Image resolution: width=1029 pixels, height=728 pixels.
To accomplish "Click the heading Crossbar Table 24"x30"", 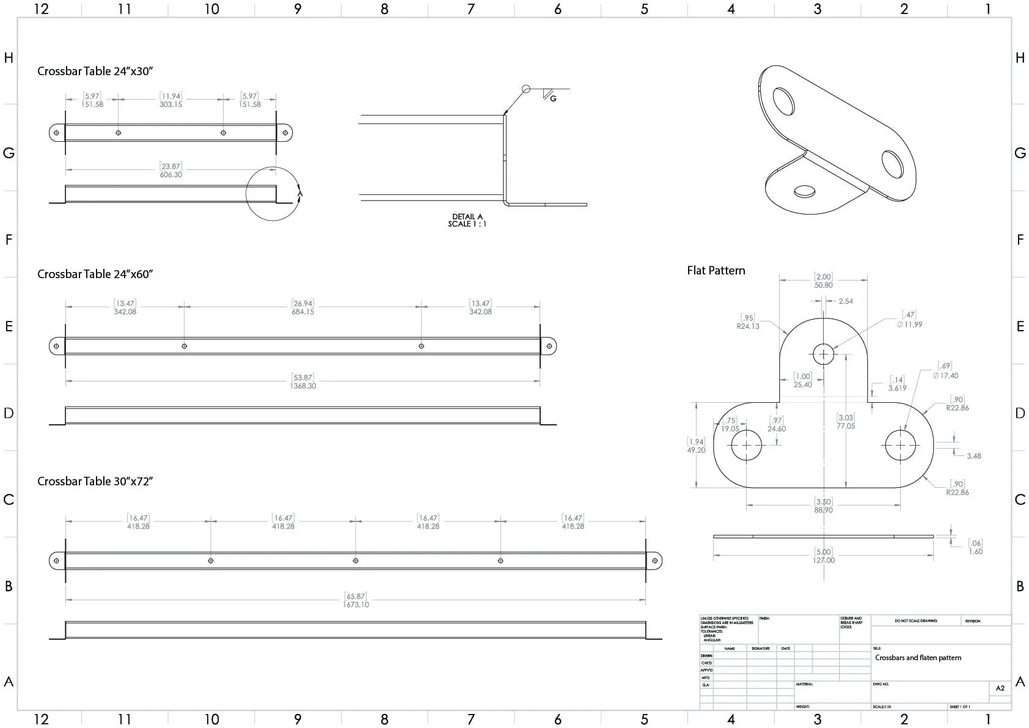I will (x=95, y=71).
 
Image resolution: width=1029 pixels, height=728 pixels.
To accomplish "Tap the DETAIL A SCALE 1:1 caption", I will (x=467, y=220).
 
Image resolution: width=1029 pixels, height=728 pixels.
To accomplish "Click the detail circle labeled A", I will (x=273, y=193).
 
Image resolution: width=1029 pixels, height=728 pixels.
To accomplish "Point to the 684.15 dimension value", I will (x=302, y=312).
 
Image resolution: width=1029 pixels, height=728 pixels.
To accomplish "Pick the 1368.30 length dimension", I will (x=303, y=386).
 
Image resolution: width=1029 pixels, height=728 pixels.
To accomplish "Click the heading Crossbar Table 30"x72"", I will (x=95, y=481).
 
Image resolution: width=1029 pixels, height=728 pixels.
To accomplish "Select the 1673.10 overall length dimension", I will (x=356, y=605).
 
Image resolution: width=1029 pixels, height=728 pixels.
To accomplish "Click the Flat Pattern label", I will (x=716, y=270).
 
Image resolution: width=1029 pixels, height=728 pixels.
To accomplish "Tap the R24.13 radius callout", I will (x=748, y=326).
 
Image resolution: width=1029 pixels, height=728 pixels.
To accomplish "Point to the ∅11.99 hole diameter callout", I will (x=910, y=325).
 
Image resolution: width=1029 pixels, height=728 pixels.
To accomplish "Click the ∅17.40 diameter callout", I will (x=945, y=376).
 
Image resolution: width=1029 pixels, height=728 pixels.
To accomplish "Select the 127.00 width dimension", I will (x=824, y=560).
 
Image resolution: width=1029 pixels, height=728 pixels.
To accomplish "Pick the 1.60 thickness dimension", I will (x=976, y=551).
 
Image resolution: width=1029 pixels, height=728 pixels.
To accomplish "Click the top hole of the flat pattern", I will (x=824, y=354).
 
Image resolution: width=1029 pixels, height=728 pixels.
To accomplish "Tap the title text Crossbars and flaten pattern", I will (x=918, y=658).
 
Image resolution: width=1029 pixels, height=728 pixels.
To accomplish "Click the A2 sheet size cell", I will (x=1000, y=688).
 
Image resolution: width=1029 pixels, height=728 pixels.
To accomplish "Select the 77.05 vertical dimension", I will (x=846, y=426).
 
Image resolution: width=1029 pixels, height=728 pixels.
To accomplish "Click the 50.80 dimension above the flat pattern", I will (x=823, y=285).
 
